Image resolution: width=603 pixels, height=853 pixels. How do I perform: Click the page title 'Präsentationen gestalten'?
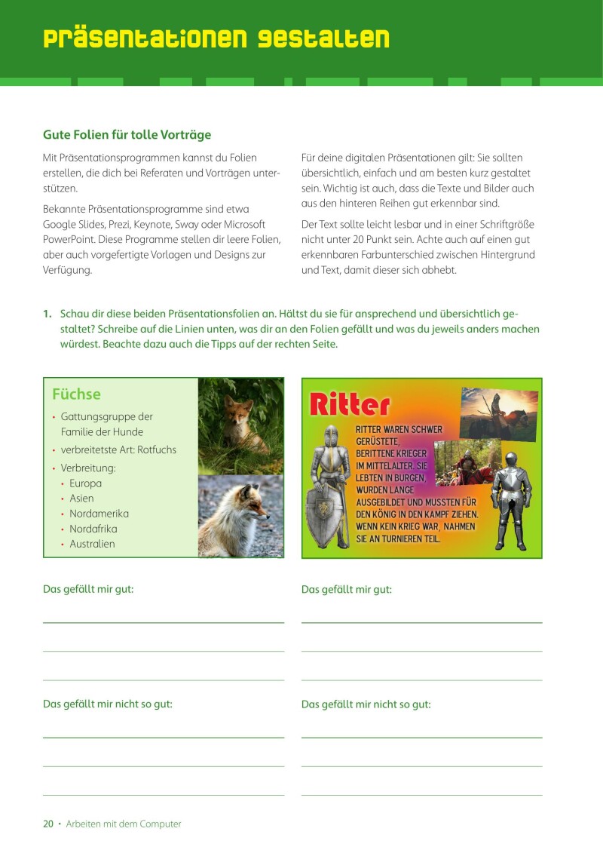point(216,39)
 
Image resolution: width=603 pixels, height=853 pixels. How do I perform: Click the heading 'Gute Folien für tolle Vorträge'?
point(127,135)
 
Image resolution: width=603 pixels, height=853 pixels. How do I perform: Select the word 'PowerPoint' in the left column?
point(72,239)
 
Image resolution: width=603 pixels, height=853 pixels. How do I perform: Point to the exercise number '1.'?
point(47,314)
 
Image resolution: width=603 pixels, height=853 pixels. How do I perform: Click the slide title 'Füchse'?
point(76,394)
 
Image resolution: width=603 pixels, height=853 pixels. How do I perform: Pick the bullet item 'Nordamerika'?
point(99,514)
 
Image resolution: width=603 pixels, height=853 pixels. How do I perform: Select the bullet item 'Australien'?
point(92,544)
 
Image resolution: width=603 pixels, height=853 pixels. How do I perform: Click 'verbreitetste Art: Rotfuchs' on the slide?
point(118,450)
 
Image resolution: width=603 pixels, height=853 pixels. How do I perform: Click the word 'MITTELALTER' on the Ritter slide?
point(393,465)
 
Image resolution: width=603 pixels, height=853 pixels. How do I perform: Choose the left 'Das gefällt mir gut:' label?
point(88,589)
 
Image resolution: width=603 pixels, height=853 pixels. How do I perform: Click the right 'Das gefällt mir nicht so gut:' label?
point(366,704)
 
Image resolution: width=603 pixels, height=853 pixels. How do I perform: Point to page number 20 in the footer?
point(48,824)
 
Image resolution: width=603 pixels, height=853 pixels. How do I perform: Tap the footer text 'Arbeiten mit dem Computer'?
point(124,824)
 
